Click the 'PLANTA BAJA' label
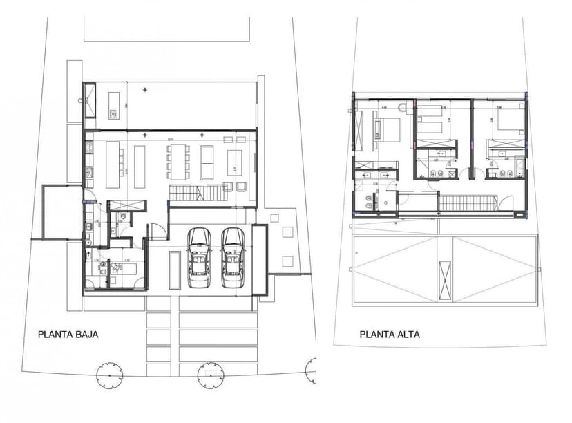[68, 334]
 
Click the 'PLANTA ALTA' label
[389, 334]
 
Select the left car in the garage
[200, 257]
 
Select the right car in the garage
[233, 257]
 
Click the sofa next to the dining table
[207, 162]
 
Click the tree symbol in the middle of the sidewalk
[211, 375]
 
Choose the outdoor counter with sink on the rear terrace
[111, 112]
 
